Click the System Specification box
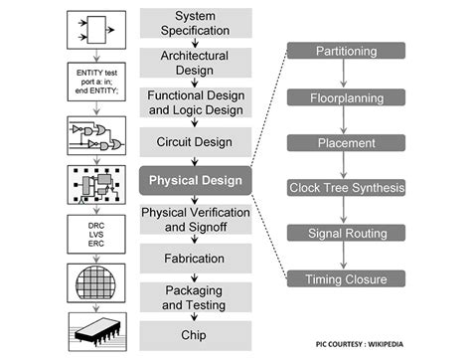coord(195,23)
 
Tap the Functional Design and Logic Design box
coord(195,101)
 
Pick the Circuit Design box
coord(195,141)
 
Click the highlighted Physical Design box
coord(195,181)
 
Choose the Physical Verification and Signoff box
coord(195,220)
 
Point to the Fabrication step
coord(195,259)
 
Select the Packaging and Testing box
coord(195,297)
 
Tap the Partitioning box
coord(345,50)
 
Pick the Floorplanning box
coord(345,95)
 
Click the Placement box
coord(345,141)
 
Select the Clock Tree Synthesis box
coord(345,187)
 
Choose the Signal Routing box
coord(345,233)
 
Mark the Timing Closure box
coord(345,278)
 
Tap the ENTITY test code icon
coord(95,81)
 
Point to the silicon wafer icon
coord(95,281)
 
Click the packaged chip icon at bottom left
coord(95,332)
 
